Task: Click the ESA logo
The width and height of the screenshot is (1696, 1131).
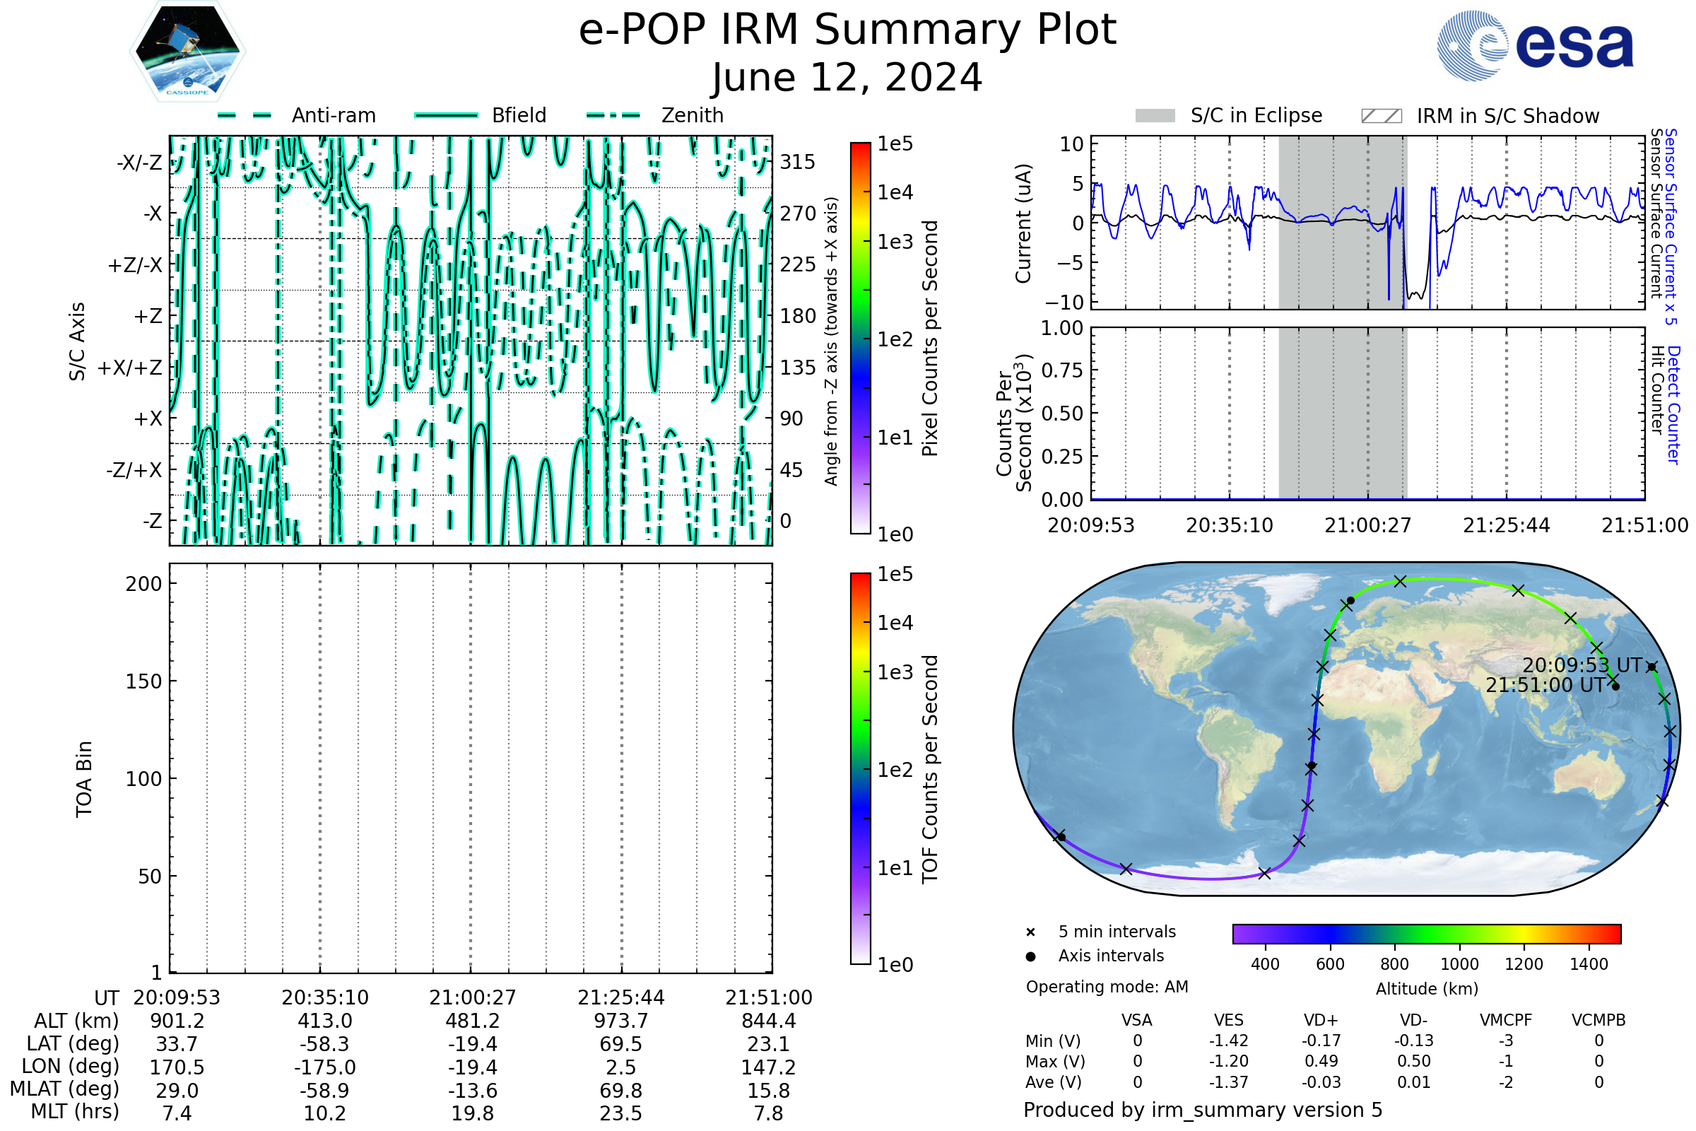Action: [x=1535, y=45]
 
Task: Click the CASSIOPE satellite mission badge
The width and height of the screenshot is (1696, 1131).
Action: [x=187, y=50]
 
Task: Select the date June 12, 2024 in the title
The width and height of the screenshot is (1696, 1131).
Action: [x=847, y=77]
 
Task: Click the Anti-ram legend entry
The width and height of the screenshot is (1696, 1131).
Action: [x=296, y=115]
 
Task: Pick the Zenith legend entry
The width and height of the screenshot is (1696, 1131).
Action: [x=655, y=115]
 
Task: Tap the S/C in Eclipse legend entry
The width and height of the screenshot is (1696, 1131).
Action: [x=1229, y=115]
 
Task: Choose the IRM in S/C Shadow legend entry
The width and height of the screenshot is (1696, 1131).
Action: [x=1480, y=116]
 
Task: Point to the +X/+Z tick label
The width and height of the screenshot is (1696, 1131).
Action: [x=130, y=368]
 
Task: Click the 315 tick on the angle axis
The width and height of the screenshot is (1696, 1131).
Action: [x=798, y=162]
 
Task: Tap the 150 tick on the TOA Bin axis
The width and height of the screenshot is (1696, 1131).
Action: [x=143, y=681]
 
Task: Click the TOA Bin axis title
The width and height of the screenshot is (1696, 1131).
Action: [x=83, y=779]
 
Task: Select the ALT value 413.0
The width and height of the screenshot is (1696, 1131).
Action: [x=324, y=1021]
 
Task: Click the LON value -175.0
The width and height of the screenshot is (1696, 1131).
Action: [x=324, y=1067]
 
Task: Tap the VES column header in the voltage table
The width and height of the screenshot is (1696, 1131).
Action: [x=1229, y=1021]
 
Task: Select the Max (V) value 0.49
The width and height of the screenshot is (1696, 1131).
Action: [x=1321, y=1062]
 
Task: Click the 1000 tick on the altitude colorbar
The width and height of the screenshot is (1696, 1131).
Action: [x=1459, y=964]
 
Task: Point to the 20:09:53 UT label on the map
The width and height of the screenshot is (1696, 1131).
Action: [x=1582, y=665]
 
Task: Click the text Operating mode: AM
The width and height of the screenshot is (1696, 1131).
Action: [x=1107, y=987]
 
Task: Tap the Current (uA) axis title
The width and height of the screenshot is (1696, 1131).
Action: [x=1024, y=223]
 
